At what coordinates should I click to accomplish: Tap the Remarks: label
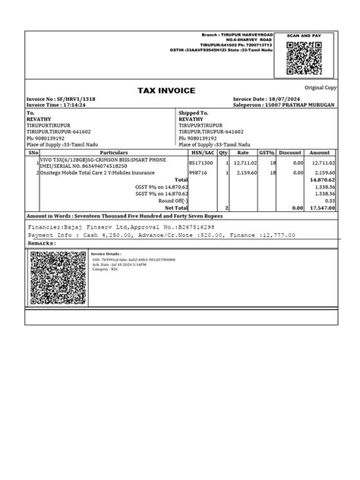pyautogui.click(x=42, y=242)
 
